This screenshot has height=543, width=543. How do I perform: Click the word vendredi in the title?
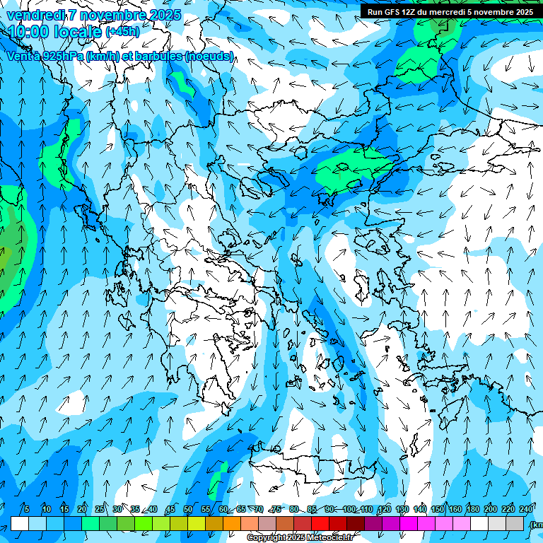(35, 15)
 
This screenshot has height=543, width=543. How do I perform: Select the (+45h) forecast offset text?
(122, 32)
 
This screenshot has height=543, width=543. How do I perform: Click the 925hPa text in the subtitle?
(61, 56)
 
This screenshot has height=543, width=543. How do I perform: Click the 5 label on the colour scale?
(26, 510)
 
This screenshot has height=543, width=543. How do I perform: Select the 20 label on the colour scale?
(82, 510)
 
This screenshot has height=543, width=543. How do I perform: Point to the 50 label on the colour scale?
(188, 510)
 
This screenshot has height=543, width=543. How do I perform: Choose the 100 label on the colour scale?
(349, 510)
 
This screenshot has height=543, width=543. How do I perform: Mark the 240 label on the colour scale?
(526, 510)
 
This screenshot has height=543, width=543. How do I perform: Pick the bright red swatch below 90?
(320, 523)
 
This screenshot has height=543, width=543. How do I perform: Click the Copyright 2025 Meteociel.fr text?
(300, 537)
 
